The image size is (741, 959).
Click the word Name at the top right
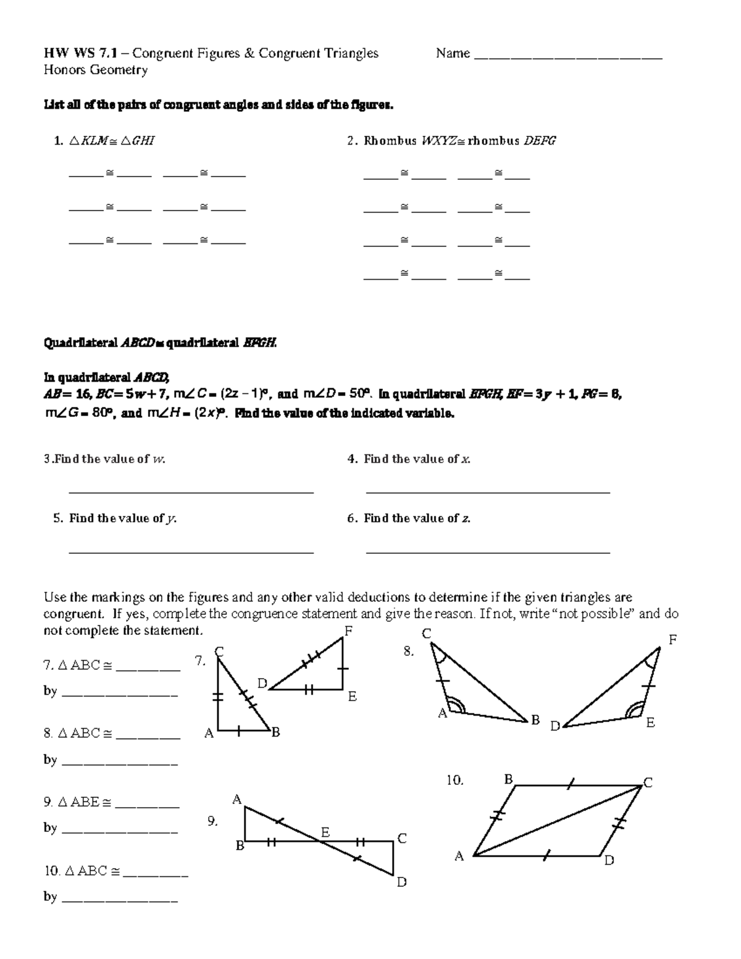(453, 54)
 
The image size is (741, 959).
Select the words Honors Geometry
(96, 70)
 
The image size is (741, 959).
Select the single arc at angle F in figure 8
(650, 662)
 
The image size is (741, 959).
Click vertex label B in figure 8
(535, 720)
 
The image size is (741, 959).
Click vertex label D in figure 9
(401, 882)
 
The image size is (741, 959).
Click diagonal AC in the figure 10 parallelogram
(556, 821)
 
